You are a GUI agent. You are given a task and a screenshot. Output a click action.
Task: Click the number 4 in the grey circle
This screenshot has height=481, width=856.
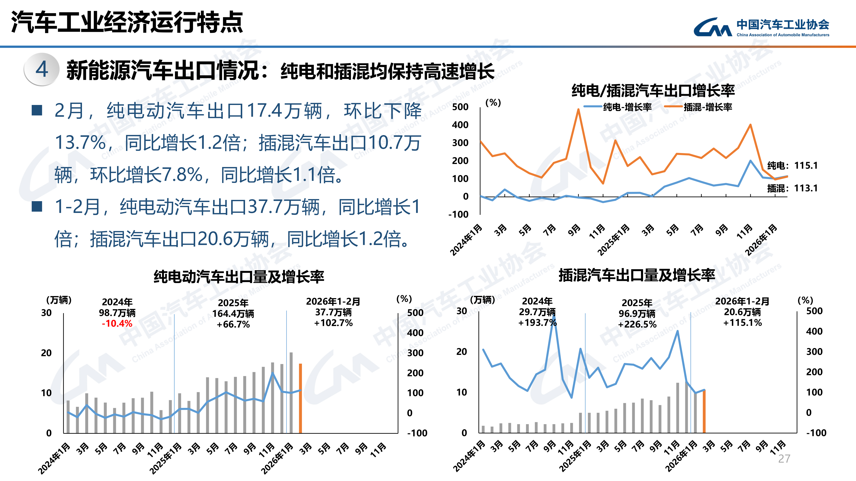click(42, 70)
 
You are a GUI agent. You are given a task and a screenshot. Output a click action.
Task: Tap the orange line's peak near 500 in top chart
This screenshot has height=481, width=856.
click(578, 109)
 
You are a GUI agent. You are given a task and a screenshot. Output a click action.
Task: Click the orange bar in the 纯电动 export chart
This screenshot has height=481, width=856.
click(300, 398)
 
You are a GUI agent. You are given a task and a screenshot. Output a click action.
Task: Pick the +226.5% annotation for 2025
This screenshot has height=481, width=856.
click(637, 324)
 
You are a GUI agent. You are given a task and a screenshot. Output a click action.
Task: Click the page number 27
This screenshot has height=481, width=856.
click(784, 459)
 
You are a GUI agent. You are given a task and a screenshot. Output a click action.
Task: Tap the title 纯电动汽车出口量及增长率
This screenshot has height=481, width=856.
click(239, 276)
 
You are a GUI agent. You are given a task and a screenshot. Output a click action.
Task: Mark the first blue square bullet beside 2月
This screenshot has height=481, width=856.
click(37, 111)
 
